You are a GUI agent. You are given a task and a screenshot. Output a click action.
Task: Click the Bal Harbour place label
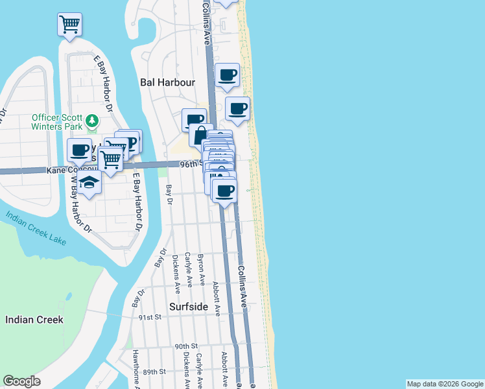pos(168,82)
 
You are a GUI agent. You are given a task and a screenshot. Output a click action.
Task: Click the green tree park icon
pos(93,121)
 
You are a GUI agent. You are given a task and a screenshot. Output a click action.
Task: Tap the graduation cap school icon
pos(92,183)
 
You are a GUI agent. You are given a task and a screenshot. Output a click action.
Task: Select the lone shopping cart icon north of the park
pos(69,25)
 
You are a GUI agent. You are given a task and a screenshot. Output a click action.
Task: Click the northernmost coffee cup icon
pos(227,76)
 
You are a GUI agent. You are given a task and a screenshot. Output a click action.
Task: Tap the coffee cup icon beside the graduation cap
pos(80,150)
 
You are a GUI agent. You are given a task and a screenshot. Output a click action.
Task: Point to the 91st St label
pos(150,318)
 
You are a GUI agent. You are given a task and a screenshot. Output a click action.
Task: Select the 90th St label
pos(185,347)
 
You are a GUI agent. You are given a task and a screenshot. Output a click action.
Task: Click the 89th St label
pos(155,371)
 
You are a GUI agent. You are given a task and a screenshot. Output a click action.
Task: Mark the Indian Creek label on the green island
pos(34,320)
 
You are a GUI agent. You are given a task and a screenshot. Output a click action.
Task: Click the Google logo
pos(22,381)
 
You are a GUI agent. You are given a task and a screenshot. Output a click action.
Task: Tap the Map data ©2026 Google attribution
pos(445,384)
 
